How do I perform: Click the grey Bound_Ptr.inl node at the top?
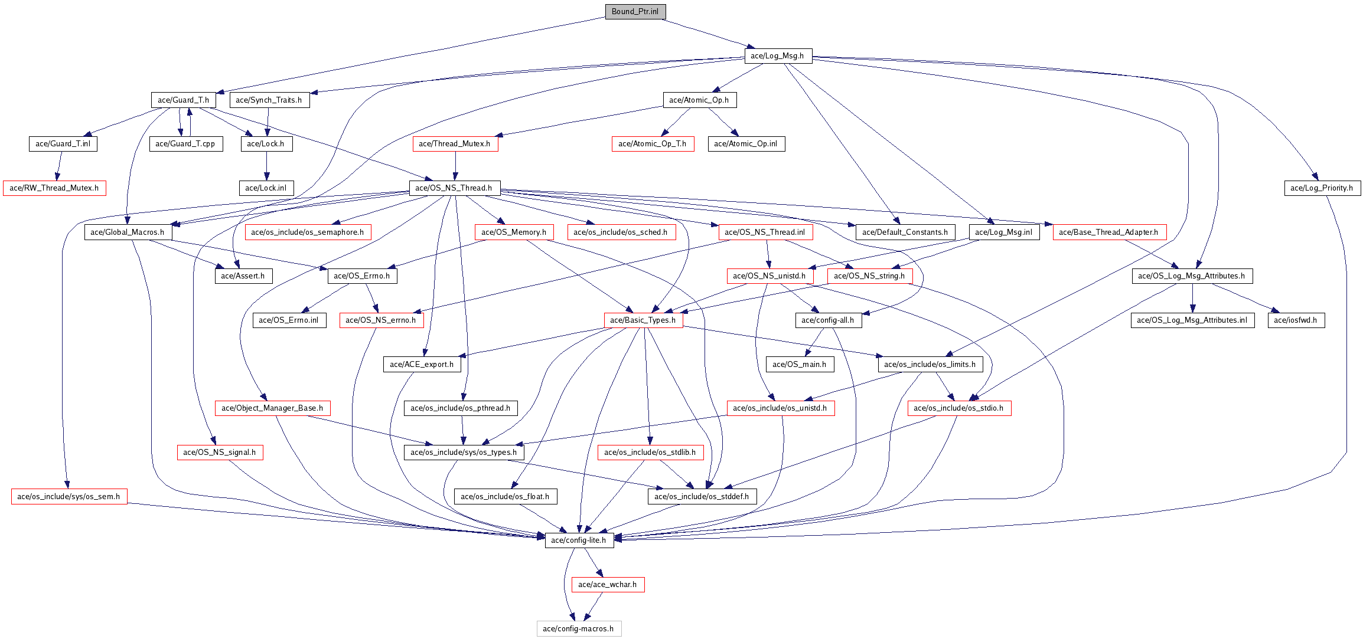point(635,12)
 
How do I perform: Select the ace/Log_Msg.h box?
point(778,56)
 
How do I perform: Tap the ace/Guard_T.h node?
point(183,100)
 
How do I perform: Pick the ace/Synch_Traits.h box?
point(269,100)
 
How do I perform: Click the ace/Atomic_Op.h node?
point(699,100)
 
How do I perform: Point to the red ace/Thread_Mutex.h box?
point(455,144)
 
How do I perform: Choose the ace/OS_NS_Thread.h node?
point(454,188)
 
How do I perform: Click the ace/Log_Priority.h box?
point(1322,188)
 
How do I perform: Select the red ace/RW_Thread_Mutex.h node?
point(54,188)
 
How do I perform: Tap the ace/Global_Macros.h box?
point(128,232)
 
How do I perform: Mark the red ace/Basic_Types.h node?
point(643,320)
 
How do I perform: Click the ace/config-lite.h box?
point(579,540)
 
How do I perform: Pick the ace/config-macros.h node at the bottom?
point(579,629)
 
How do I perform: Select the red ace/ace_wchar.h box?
point(608,585)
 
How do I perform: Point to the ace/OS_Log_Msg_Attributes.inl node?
point(1192,320)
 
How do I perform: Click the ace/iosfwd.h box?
point(1296,320)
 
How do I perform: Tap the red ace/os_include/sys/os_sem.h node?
point(69,497)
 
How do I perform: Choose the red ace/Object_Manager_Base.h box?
point(272,408)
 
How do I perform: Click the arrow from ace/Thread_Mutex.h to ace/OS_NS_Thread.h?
point(455,166)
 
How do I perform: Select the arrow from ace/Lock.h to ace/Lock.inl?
point(266,166)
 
